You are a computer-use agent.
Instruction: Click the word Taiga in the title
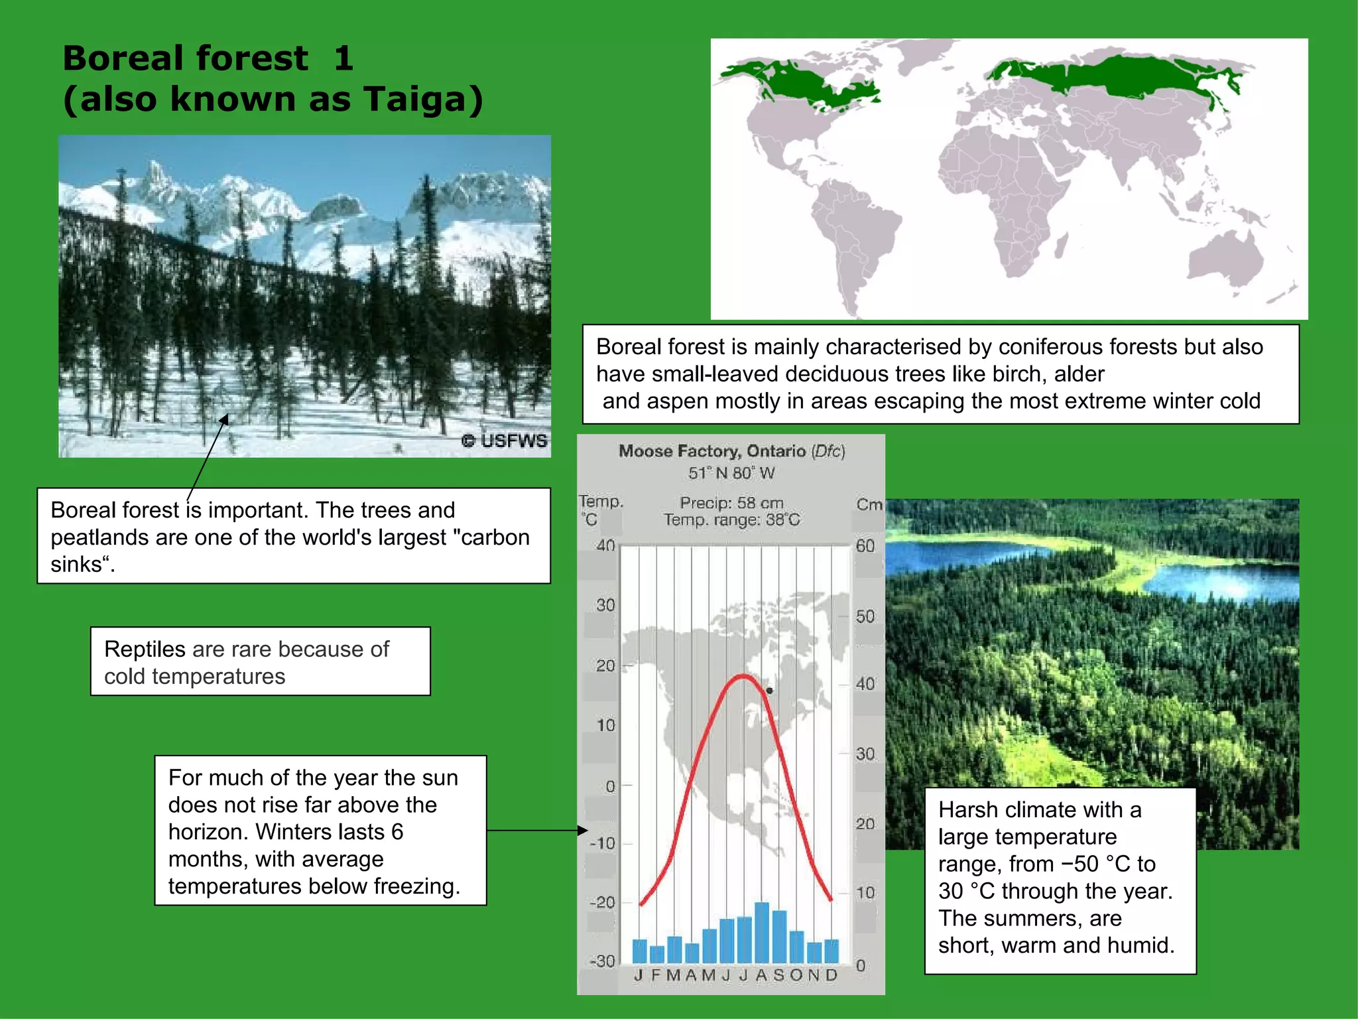(418, 99)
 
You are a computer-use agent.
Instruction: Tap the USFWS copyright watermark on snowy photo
(505, 441)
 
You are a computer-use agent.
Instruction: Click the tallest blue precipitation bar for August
(762, 931)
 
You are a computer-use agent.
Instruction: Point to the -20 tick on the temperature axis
(602, 902)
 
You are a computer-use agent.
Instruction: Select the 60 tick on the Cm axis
(865, 546)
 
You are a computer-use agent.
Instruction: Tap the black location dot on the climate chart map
(769, 691)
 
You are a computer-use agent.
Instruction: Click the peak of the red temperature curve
(743, 676)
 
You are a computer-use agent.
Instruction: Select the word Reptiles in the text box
(145, 649)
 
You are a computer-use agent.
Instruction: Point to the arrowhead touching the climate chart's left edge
(582, 830)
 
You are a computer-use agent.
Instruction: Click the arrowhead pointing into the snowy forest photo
(225, 419)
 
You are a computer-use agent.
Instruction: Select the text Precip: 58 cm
(731, 503)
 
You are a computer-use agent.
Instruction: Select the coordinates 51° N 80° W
(731, 473)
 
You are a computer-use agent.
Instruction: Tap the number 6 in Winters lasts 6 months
(397, 832)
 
